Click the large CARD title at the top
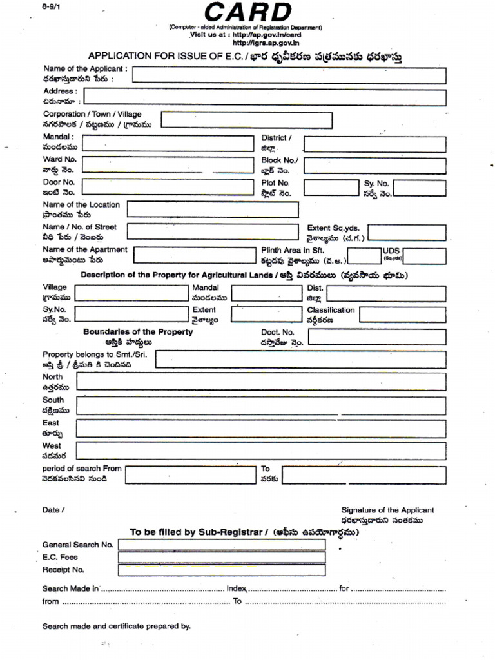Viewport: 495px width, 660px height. coord(247,12)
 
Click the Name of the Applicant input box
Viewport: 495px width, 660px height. coord(289,75)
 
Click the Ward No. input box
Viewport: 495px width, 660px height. coord(168,165)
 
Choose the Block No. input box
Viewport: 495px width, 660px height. coord(374,166)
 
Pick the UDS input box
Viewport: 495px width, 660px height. coord(423,256)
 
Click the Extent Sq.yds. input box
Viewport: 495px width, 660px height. coord(406,233)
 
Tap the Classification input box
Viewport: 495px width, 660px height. coord(402,315)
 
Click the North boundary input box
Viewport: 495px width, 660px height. coord(261,382)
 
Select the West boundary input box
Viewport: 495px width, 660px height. coord(261,450)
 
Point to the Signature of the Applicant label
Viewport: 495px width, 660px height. coord(387,510)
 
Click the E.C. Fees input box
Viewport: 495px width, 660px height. coord(222,558)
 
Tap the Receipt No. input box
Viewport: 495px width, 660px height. coord(222,570)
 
